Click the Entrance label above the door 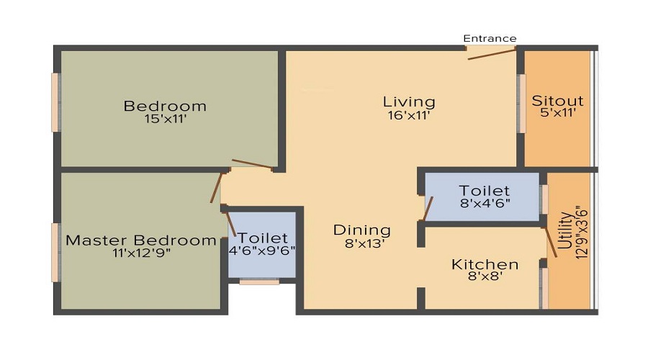pos(490,38)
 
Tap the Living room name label pos(409,101)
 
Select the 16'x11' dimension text pos(409,114)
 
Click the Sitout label pos(557,100)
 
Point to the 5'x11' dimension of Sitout pos(557,112)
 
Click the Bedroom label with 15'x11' pos(165,106)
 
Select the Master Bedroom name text pos(140,240)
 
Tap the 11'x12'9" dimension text pos(140,253)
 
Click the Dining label pos(361,230)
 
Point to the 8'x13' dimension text pos(361,243)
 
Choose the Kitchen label pos(485,264)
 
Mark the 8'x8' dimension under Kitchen pos(485,277)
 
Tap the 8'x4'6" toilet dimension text pos(485,204)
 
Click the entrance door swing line pos(492,53)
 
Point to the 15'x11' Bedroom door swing pos(252,164)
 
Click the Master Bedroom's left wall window pos(55,251)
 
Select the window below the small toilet pos(259,282)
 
